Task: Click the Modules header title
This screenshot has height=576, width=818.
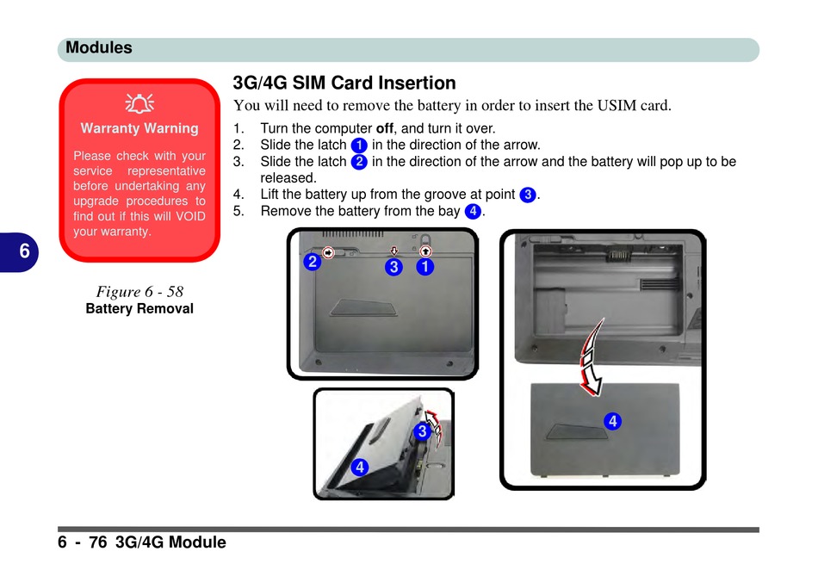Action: [x=99, y=47]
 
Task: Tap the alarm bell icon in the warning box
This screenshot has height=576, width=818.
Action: [x=139, y=103]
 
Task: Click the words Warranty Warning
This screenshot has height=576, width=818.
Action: [x=139, y=128]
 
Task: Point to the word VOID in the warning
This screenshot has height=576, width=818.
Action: [x=190, y=216]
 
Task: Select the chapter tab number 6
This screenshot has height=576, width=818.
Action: [x=24, y=251]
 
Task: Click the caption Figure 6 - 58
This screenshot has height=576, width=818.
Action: [x=139, y=291]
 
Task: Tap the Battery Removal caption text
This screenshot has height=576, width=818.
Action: [x=139, y=308]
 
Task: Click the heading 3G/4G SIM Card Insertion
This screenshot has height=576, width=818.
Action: [x=344, y=83]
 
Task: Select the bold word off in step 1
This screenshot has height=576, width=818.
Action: [x=385, y=128]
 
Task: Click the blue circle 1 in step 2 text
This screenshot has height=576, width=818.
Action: [x=359, y=145]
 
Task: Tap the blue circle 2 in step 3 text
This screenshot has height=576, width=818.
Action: [x=359, y=162]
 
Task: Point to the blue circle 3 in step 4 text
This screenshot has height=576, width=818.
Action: [x=528, y=195]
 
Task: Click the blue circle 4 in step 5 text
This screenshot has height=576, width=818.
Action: [x=473, y=211]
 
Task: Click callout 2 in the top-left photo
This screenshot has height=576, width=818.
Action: [x=313, y=262]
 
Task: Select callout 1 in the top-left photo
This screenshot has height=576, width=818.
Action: [x=425, y=267]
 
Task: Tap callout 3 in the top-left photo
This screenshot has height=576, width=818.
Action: [x=394, y=267]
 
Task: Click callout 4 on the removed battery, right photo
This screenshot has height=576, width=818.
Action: [x=613, y=421]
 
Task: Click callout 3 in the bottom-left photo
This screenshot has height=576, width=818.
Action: [x=422, y=431]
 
